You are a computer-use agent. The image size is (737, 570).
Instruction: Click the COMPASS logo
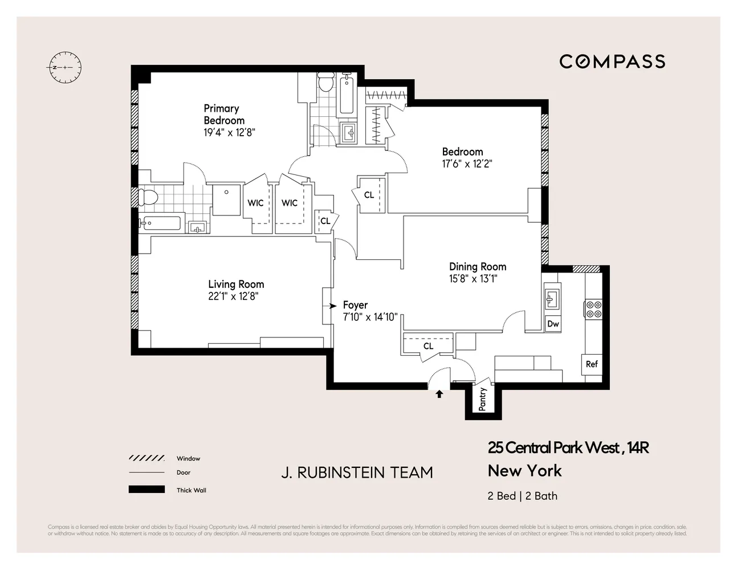pyautogui.click(x=612, y=62)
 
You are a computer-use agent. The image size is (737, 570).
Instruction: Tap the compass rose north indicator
pyautogui.click(x=64, y=67)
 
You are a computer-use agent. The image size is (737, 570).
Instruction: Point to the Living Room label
pyautogui.click(x=236, y=284)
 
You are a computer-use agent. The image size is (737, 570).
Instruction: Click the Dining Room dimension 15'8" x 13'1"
pyautogui.click(x=473, y=279)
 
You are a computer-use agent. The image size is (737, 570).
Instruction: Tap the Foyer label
pyautogui.click(x=355, y=305)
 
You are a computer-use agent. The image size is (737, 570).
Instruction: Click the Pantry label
pyautogui.click(x=483, y=399)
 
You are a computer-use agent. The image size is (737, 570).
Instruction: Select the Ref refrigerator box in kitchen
pyautogui.click(x=592, y=364)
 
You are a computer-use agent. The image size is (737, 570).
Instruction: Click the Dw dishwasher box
pyautogui.click(x=553, y=324)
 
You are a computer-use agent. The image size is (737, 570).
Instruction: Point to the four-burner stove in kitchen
pyautogui.click(x=593, y=309)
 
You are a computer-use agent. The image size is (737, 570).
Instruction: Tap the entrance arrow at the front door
pyautogui.click(x=439, y=393)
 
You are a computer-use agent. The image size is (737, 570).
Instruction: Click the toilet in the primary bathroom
pyautogui.click(x=148, y=198)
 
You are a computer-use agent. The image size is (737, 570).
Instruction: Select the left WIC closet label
pyautogui.click(x=255, y=203)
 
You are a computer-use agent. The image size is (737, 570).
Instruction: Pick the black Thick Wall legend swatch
pyautogui.click(x=146, y=490)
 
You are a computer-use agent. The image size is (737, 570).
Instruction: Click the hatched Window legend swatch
pyautogui.click(x=146, y=458)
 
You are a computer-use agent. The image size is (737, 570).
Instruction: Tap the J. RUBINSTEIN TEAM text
pyautogui.click(x=357, y=473)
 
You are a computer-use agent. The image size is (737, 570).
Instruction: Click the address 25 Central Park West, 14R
pyautogui.click(x=568, y=448)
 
